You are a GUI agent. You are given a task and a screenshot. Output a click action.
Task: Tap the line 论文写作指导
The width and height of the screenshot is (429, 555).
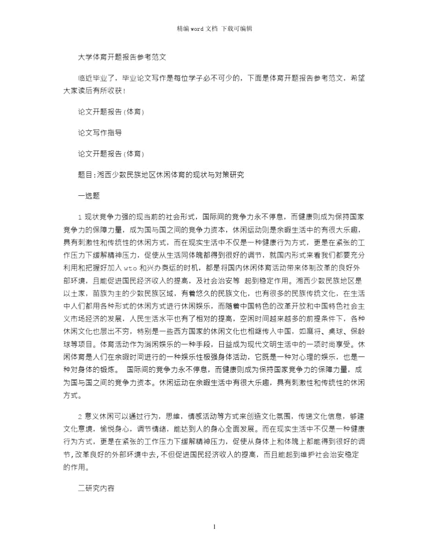click(x=100, y=133)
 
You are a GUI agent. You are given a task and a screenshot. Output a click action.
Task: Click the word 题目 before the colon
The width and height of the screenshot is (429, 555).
click(x=85, y=175)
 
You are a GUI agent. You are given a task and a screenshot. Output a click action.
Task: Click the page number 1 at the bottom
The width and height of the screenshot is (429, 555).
click(x=214, y=527)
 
